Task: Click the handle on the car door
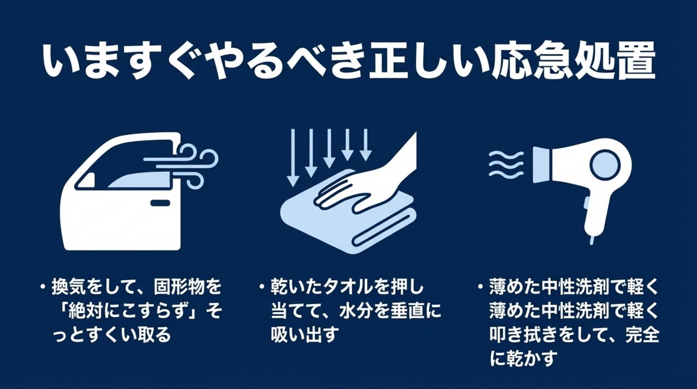click(x=159, y=203)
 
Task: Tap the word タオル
click(x=352, y=288)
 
